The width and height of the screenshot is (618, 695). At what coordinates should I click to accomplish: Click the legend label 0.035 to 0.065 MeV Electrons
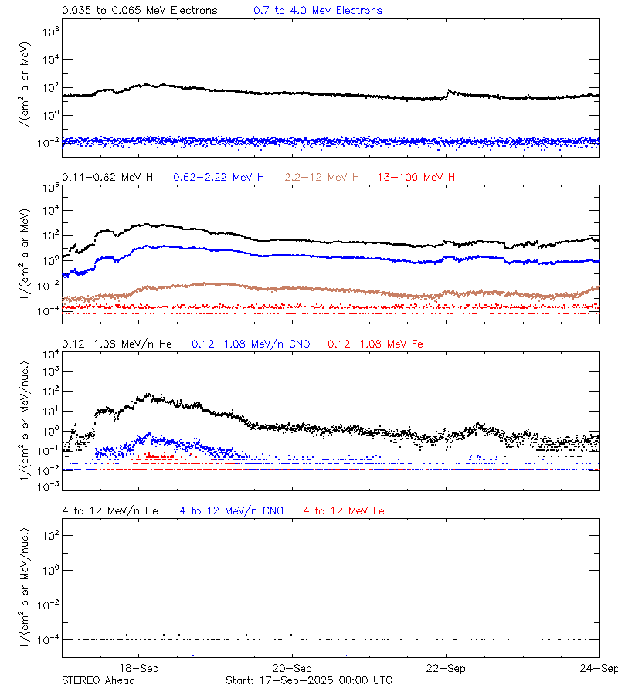[139, 11]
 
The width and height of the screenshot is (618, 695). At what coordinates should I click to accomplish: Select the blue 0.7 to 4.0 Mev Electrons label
[317, 11]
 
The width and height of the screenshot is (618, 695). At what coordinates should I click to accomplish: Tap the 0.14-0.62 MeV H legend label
[107, 177]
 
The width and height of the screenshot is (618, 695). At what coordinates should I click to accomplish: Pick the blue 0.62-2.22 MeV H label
[219, 177]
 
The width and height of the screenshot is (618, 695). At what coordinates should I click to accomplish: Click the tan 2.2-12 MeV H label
[321, 177]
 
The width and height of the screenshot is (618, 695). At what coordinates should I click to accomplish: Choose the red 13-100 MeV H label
[416, 177]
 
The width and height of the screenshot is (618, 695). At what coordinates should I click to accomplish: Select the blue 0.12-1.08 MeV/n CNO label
[250, 343]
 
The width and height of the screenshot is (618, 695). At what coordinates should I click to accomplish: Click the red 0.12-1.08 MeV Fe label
[375, 343]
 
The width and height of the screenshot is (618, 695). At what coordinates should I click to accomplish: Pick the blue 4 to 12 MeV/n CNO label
[231, 510]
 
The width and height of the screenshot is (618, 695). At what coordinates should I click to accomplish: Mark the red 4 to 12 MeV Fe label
[344, 510]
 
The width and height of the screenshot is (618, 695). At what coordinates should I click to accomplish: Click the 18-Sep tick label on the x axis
[139, 669]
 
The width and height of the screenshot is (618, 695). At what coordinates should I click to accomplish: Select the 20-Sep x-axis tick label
[292, 669]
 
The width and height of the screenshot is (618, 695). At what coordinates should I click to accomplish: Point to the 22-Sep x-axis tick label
[446, 669]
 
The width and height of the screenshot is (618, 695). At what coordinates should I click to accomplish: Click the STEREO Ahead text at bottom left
[98, 680]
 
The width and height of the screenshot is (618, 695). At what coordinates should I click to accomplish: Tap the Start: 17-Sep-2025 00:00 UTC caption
[308, 680]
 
